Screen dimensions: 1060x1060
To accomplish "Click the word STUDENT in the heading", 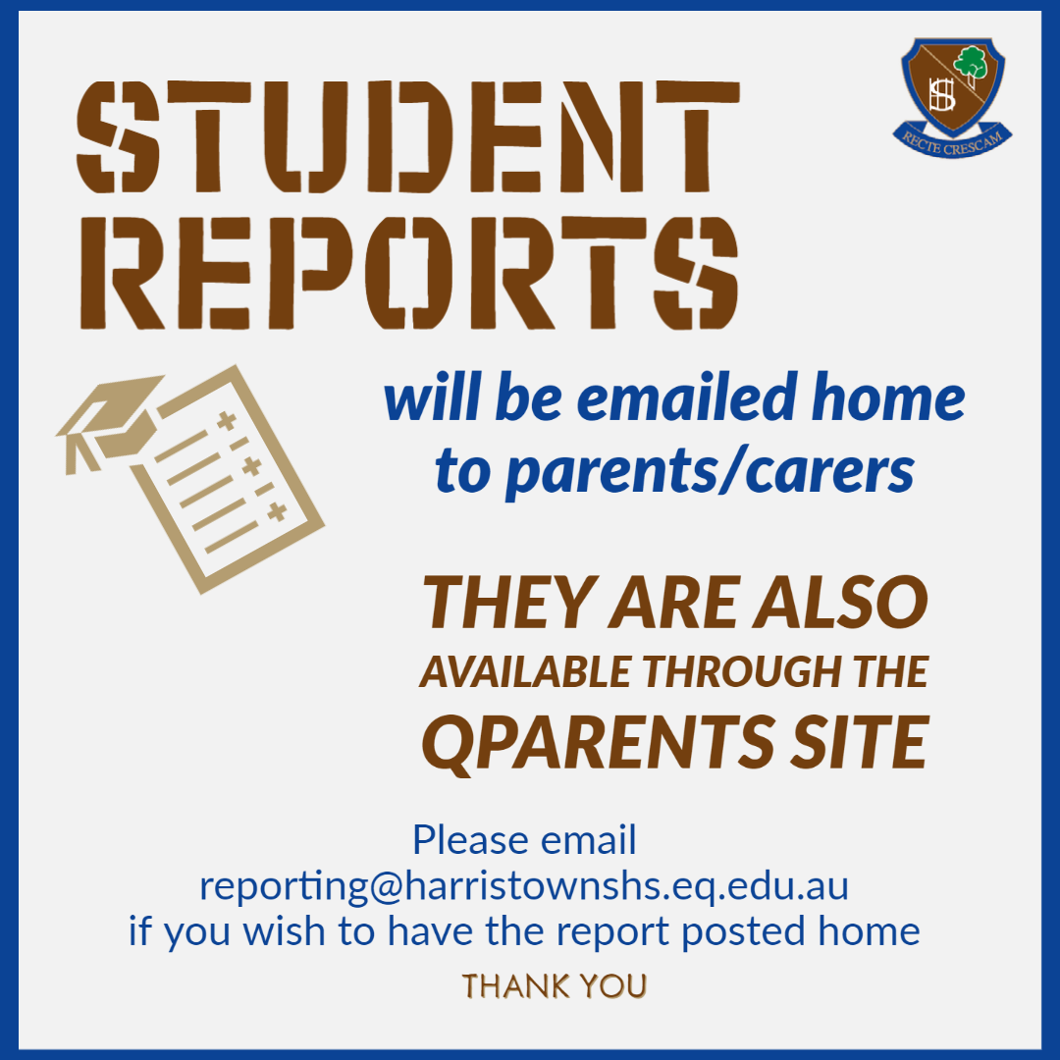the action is point(408,137).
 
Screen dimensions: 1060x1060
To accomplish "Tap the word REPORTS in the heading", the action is point(408,273).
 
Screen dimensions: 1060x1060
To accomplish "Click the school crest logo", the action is point(952,97).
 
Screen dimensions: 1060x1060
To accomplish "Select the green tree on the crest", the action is point(972,65).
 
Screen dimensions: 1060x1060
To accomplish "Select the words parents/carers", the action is point(710,472).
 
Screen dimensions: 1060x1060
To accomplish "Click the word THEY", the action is point(511,602).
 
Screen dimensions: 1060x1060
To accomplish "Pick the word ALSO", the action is point(841,602).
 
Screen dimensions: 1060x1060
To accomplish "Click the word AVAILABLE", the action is point(525,672).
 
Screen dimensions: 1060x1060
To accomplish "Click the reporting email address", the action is point(524,886).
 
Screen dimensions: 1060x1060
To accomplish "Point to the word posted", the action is point(743,933).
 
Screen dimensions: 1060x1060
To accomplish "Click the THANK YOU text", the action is point(555,986).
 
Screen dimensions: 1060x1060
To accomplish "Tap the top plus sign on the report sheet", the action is point(227,420).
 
